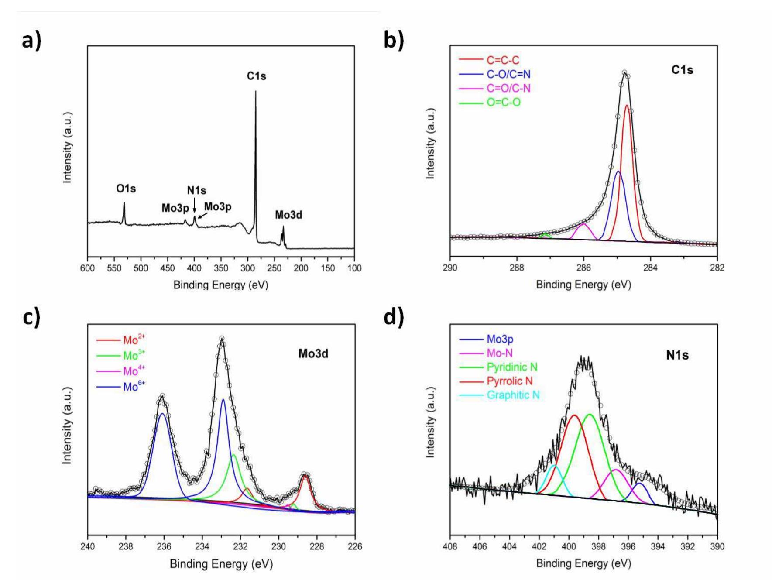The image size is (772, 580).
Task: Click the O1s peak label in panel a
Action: pyautogui.click(x=126, y=189)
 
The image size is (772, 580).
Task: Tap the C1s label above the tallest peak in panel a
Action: pyautogui.click(x=256, y=76)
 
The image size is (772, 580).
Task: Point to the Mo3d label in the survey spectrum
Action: pyautogui.click(x=288, y=215)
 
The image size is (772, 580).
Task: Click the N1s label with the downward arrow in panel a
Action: pyautogui.click(x=196, y=190)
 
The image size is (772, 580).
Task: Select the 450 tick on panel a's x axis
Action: pyautogui.click(x=168, y=268)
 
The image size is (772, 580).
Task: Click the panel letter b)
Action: pyautogui.click(x=394, y=40)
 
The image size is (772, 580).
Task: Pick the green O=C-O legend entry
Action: pyautogui.click(x=503, y=103)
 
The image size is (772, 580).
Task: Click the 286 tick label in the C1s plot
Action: pyautogui.click(x=583, y=268)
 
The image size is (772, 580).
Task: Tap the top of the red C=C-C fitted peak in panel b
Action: pyautogui.click(x=627, y=105)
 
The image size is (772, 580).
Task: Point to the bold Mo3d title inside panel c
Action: pyautogui.click(x=313, y=353)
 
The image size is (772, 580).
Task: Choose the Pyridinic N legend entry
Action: pyautogui.click(x=512, y=367)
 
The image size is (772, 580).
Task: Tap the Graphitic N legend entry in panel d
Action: pyautogui.click(x=513, y=395)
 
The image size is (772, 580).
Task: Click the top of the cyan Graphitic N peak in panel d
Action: pyautogui.click(x=554, y=466)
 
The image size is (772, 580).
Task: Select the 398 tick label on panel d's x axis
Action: pyautogui.click(x=598, y=546)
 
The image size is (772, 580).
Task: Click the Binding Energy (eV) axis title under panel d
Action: pyautogui.click(x=583, y=563)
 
